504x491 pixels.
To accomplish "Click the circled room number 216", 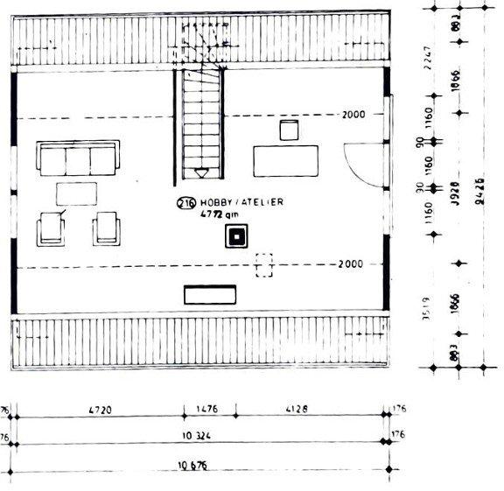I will pyautogui.click(x=185, y=203).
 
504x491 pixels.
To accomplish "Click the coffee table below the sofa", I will pyautogui.click(x=78, y=193).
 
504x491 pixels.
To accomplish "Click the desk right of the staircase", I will pyautogui.click(x=286, y=161).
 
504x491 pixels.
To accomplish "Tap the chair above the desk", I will pyautogui.click(x=290, y=130).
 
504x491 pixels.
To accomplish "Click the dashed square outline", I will pyautogui.click(x=263, y=264).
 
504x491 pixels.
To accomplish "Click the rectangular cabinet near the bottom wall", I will pyautogui.click(x=210, y=294).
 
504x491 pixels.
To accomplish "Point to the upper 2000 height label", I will pyautogui.click(x=353, y=115).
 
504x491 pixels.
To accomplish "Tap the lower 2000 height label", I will pyautogui.click(x=350, y=263).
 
